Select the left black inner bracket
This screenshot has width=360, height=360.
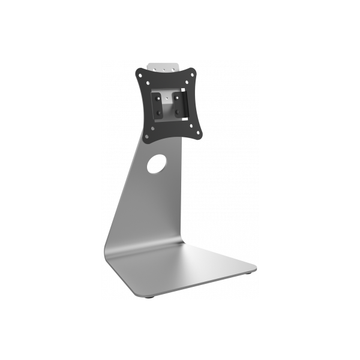click(x=156, y=105)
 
